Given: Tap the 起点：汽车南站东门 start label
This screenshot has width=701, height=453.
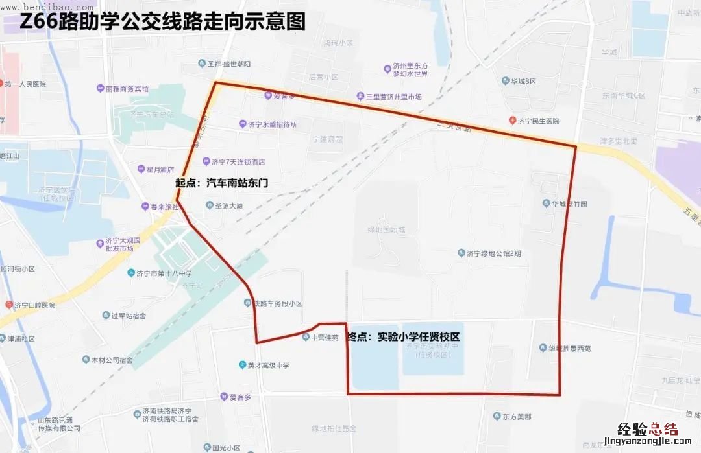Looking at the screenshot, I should [221, 183].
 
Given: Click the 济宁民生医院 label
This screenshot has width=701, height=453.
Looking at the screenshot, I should [537, 121].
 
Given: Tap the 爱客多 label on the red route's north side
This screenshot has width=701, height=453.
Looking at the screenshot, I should [284, 96].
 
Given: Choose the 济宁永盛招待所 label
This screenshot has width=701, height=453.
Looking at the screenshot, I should [273, 124].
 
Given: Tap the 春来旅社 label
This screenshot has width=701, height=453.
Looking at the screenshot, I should [160, 207].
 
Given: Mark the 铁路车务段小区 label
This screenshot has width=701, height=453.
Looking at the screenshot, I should [277, 303].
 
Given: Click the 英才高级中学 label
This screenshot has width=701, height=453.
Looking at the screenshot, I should [268, 366].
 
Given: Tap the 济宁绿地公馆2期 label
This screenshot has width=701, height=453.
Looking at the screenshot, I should [493, 253].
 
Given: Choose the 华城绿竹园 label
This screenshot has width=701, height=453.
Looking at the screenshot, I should [569, 203].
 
